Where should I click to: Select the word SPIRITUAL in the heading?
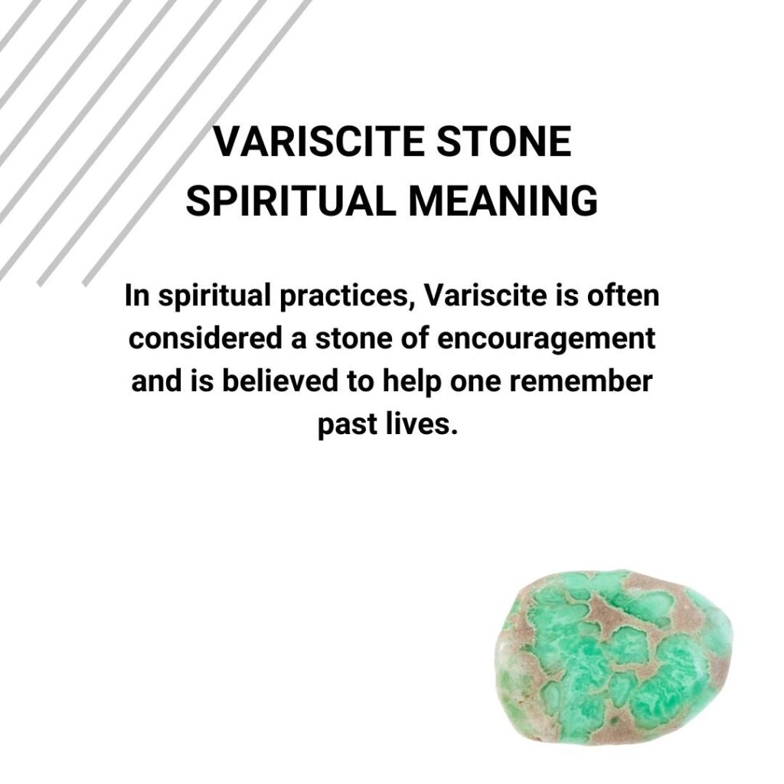(292, 201)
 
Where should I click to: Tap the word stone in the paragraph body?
(348, 338)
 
